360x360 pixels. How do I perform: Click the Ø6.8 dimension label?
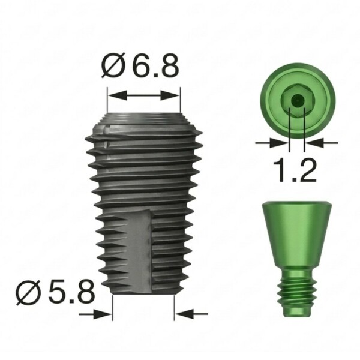[x=140, y=65]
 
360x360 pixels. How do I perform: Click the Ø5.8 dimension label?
[x=55, y=292]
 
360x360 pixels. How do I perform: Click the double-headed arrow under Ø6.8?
[x=144, y=95]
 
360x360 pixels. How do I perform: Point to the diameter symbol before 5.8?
[x=29, y=292]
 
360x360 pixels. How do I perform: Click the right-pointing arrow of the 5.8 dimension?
[x=95, y=314]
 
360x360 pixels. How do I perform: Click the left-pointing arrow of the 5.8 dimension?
[x=191, y=314]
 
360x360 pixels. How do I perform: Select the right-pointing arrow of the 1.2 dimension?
[x=272, y=143]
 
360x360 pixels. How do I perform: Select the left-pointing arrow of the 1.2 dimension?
[x=322, y=143]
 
